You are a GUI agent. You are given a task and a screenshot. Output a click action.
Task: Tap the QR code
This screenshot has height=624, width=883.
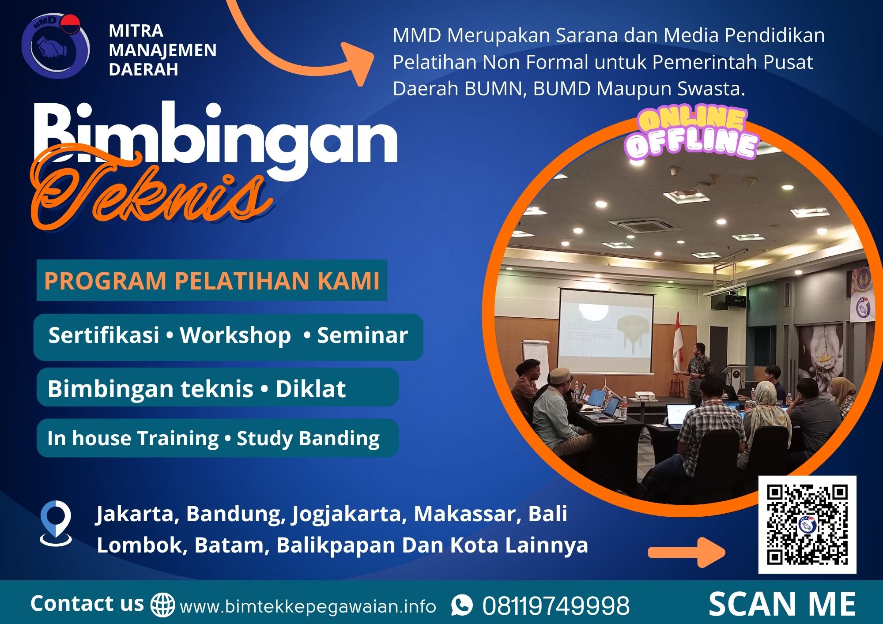pyautogui.click(x=807, y=524)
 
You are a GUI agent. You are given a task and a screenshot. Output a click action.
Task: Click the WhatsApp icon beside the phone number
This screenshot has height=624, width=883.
pyautogui.click(x=462, y=605)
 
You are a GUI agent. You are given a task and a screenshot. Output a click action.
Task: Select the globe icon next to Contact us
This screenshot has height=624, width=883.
pyautogui.click(x=162, y=605)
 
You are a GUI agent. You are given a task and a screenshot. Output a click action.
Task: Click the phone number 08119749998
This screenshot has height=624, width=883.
pyautogui.click(x=556, y=606)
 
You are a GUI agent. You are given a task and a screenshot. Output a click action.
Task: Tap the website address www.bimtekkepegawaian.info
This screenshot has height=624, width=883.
pyautogui.click(x=308, y=607)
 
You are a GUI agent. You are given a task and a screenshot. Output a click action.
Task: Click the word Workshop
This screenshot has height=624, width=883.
pyautogui.click(x=235, y=335)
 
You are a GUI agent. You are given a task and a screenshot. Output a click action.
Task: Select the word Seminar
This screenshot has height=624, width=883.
pyautogui.click(x=362, y=335)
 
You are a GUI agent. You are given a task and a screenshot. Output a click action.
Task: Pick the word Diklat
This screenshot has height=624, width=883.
pyautogui.click(x=310, y=389)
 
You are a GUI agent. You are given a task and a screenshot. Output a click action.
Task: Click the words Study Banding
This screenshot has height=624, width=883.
pyautogui.click(x=308, y=438)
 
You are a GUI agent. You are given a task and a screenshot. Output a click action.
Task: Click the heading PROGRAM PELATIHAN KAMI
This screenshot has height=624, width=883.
pyautogui.click(x=212, y=281)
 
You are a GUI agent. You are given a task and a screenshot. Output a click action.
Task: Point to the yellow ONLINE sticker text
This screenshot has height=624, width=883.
pyautogui.click(x=691, y=120)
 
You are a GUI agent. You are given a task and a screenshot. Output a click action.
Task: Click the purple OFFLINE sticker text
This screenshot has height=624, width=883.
pyautogui.click(x=691, y=144)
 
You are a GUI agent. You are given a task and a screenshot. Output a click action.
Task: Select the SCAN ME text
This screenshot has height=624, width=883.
pyautogui.click(x=782, y=604)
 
